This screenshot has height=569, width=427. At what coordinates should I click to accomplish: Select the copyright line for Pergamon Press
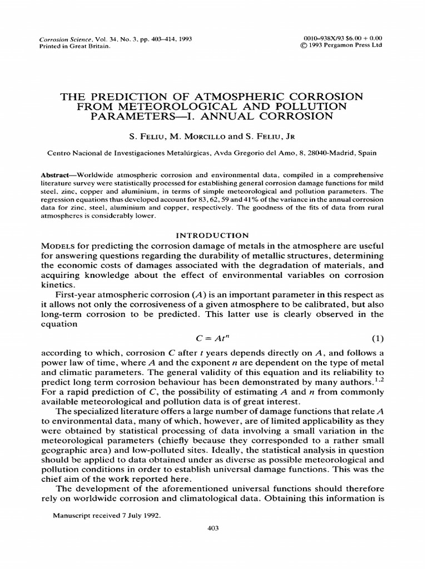point(340,46)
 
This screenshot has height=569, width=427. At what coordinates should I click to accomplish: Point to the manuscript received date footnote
point(106,515)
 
